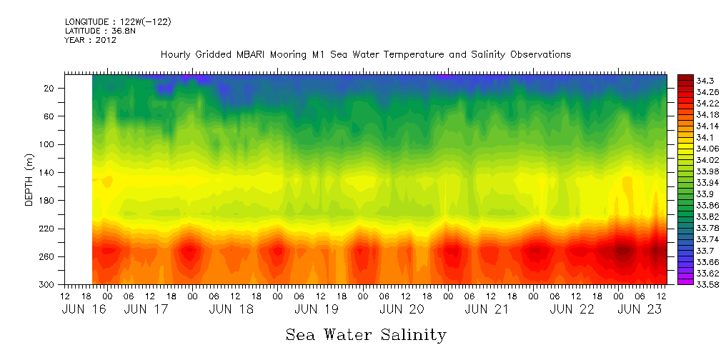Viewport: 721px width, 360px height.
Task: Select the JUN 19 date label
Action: [x=317, y=309]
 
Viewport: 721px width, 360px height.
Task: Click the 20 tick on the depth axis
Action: [x=49, y=88]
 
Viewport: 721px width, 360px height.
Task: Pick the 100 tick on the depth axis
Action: [x=46, y=144]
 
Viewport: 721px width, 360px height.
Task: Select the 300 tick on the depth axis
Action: [x=46, y=285]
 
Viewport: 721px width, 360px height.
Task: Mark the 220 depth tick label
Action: [x=46, y=229]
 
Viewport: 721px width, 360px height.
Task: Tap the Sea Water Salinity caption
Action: [x=366, y=335]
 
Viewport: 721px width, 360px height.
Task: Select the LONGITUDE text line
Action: [x=118, y=22]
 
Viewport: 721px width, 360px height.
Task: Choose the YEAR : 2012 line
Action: [x=90, y=41]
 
